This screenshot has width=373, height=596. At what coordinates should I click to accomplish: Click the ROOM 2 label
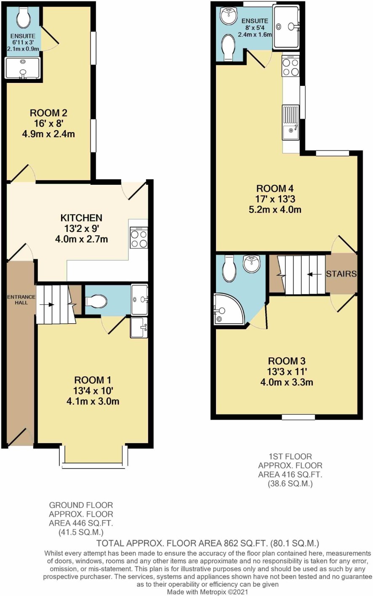(x=48, y=113)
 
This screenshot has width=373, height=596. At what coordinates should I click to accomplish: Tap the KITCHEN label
(x=81, y=218)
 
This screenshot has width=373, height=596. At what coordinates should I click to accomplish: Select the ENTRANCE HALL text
(x=21, y=299)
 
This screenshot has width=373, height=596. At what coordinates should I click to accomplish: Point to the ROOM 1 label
(x=93, y=380)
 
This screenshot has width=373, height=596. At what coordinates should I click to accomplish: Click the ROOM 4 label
(x=275, y=189)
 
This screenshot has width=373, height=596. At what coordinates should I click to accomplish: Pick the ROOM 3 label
(x=287, y=361)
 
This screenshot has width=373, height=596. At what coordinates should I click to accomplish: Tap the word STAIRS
(x=341, y=274)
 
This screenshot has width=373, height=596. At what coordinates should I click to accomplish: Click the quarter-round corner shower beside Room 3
(x=228, y=309)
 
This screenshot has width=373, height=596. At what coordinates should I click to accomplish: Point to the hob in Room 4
(x=291, y=66)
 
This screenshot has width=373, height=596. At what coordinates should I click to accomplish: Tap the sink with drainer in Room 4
(x=291, y=122)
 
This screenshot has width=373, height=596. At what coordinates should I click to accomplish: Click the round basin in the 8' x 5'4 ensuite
(x=228, y=15)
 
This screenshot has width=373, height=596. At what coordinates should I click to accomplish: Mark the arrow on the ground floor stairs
(x=48, y=305)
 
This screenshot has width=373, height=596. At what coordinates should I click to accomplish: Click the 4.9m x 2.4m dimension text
(x=48, y=134)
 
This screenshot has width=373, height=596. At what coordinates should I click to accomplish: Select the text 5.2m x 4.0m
(x=275, y=210)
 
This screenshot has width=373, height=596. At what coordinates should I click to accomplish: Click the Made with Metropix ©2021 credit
(x=207, y=592)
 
